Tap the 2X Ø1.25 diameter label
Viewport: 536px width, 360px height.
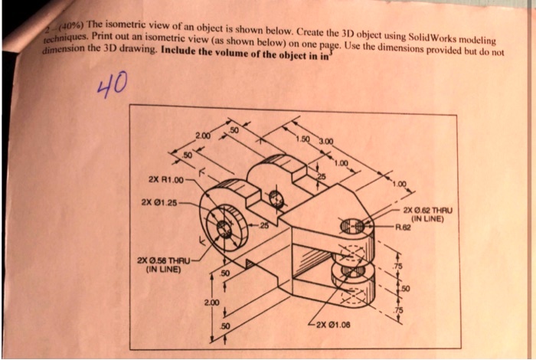click(x=159, y=203)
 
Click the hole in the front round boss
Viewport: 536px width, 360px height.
click(x=224, y=228)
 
